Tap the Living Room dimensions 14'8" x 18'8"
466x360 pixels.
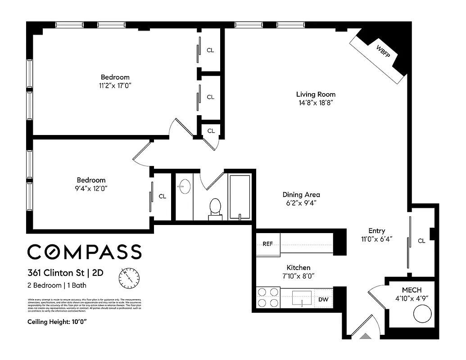click(x=316, y=103)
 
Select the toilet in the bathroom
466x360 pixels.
click(x=215, y=209)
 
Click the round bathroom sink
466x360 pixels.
click(x=184, y=186)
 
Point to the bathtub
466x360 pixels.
click(x=240, y=197)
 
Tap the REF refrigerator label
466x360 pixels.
click(x=267, y=244)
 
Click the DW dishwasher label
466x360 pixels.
click(x=323, y=300)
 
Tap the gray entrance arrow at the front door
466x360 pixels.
click(x=366, y=335)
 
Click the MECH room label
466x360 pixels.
click(x=412, y=290)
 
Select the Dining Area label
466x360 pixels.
click(x=301, y=195)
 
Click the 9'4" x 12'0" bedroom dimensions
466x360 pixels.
click(x=91, y=188)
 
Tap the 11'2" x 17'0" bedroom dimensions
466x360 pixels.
click(x=115, y=85)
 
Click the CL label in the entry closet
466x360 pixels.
click(x=421, y=241)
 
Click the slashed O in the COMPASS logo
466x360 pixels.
click(x=59, y=252)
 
